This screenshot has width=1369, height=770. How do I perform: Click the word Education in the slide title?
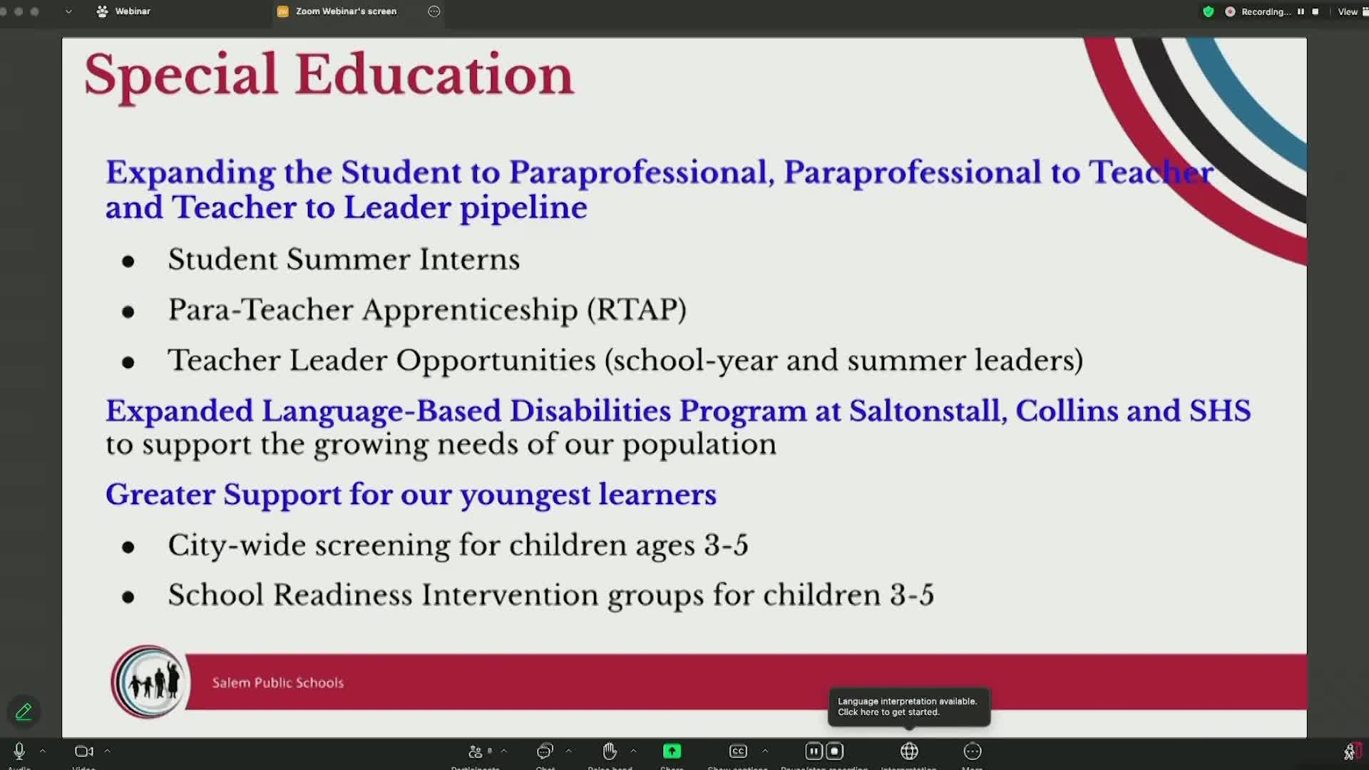(x=434, y=75)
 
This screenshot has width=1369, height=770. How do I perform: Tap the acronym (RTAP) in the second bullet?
(x=637, y=310)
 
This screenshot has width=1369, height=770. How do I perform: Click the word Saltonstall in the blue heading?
(x=928, y=411)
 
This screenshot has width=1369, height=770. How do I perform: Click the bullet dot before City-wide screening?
(x=128, y=548)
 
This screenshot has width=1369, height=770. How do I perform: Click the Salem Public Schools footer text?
(x=278, y=683)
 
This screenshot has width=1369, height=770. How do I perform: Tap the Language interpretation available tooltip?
(x=908, y=707)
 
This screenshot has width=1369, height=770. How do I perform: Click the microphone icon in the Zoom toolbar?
(x=19, y=751)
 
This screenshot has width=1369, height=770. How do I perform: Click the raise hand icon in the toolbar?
(x=610, y=751)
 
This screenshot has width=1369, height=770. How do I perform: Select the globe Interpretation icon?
(x=909, y=751)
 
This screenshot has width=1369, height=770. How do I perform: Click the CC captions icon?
(x=738, y=751)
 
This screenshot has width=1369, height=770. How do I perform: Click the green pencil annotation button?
(x=24, y=712)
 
